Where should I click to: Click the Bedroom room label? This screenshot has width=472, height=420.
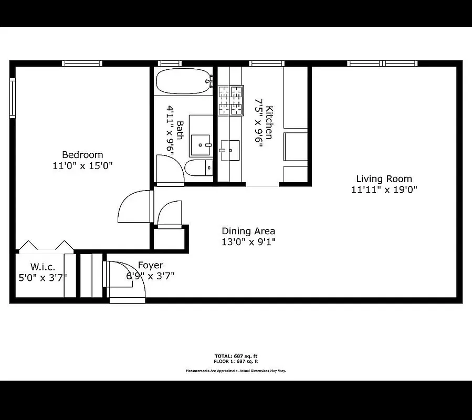82,155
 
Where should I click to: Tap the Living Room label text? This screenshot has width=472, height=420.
384,179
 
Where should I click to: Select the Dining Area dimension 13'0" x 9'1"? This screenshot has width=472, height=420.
248,242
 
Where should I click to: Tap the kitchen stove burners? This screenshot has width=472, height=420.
231,100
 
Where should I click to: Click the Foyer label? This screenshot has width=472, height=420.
150,265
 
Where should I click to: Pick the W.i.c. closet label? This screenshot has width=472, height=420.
43,267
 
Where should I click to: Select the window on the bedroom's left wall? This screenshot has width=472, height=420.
12,98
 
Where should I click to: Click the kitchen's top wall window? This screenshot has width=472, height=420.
267,64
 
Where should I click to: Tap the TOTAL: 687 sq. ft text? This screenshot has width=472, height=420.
236,356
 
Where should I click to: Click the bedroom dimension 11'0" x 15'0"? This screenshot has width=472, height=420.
82,165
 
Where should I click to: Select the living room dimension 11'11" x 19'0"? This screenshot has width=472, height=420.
384,190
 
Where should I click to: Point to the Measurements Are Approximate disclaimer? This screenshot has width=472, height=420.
236,371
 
